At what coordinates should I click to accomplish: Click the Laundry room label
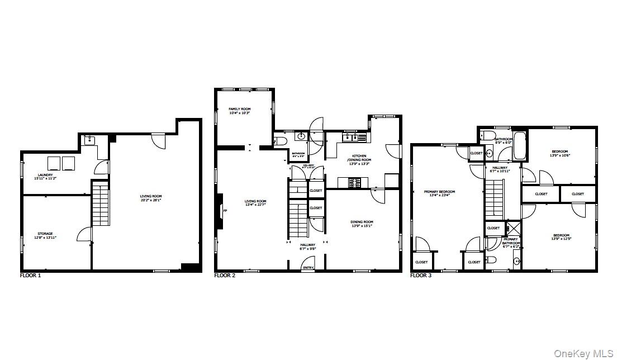pos(45,175)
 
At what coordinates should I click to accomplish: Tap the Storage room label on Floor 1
pos(45,234)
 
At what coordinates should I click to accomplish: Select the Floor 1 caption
pos(30,276)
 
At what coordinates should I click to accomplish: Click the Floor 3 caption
pos(421,276)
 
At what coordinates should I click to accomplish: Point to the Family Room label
pos(239,109)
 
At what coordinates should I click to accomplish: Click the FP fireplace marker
pos(225,211)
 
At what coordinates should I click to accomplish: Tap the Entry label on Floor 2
pos(308,268)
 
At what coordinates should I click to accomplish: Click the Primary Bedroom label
pos(442,192)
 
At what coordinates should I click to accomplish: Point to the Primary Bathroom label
pos(510,241)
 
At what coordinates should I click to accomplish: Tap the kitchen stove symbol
pos(355,182)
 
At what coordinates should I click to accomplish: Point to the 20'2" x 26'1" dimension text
pos(151,200)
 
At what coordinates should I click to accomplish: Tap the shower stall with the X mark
pos(512,229)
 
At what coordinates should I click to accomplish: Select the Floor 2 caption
pos(225,276)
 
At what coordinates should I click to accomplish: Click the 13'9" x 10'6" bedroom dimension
pos(561,155)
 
